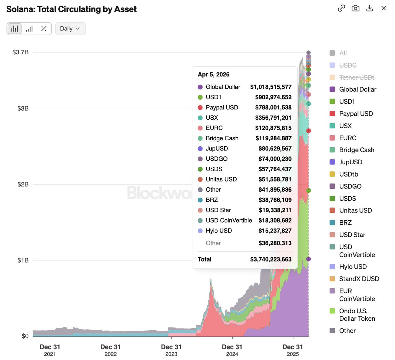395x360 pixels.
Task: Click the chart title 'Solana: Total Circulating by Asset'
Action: coord(71,9)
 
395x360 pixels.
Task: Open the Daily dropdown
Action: coord(70,29)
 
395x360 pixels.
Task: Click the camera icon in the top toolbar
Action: coord(355,8)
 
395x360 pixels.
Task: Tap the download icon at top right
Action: coord(370,8)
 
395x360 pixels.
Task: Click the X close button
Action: coord(383,8)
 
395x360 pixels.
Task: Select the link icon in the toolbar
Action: coord(341,8)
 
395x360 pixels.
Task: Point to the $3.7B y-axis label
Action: coord(20,52)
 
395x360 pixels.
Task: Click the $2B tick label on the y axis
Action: coord(23,184)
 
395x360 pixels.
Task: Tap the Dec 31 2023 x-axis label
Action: coord(171,350)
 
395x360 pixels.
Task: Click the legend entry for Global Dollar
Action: coord(357,90)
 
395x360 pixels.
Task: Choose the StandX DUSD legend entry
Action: coord(359,279)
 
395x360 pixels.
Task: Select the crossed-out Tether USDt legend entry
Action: coord(356,77)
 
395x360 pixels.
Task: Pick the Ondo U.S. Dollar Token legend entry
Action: coord(357,315)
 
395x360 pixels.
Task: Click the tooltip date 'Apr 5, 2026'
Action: coord(214,75)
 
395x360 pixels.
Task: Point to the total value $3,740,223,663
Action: coord(271,260)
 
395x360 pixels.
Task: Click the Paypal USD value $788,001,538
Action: coord(273,108)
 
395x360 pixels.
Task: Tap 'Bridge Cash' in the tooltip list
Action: coord(222,138)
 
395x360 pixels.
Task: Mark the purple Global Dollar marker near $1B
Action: coord(308,259)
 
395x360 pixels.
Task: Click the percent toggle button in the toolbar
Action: coord(43,29)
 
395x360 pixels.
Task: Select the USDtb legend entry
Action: coord(349,174)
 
